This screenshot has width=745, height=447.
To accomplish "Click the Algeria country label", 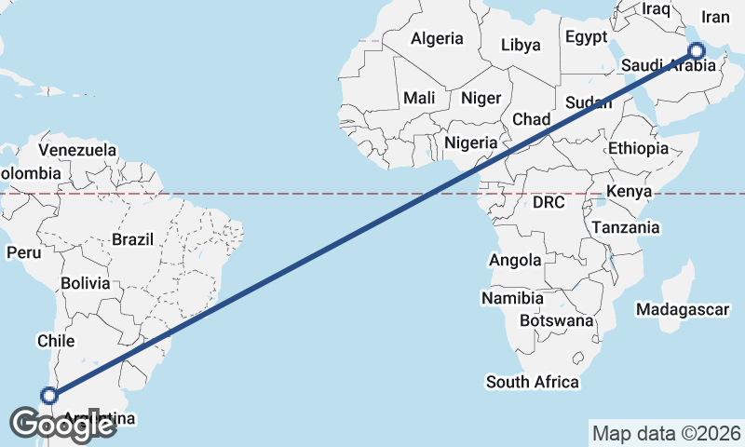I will coord(437,39).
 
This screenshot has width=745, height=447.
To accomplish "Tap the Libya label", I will coord(520,45).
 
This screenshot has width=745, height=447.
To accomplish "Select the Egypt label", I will coord(586,38).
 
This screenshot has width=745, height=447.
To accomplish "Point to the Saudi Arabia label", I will coord(669,66).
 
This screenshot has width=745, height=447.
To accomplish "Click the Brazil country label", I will coord(132,239).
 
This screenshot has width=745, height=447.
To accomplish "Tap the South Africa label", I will coord(532,382).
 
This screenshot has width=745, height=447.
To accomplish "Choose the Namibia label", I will coord(512,299).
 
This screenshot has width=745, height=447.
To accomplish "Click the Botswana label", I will coord(556,320).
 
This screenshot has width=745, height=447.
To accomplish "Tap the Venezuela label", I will coord(77,150).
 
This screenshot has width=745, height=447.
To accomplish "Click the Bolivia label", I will coord(85,283).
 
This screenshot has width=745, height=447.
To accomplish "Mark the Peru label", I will coord(21,252).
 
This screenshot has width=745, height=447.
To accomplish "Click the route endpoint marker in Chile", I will coord(49,396).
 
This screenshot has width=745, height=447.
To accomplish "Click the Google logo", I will coord(62,425).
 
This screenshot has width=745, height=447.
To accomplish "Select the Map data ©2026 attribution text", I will coord(666,433).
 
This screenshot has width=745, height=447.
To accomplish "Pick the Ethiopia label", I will coord(638,148).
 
